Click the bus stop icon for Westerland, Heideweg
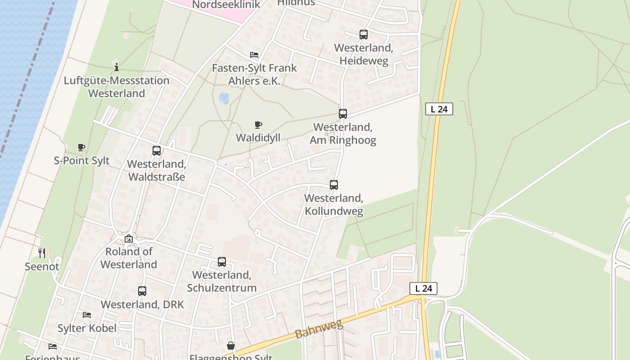(x=363, y=34)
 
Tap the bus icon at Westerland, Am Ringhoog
(x=343, y=113)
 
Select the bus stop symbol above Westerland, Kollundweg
(x=333, y=184)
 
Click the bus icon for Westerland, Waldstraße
(x=157, y=151)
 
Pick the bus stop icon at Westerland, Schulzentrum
(x=222, y=261)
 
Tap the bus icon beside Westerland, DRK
(x=142, y=291)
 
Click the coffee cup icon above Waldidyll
(x=258, y=125)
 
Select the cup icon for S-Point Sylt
(x=81, y=147)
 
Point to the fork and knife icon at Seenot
(x=42, y=253)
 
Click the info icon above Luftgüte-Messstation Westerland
(x=117, y=67)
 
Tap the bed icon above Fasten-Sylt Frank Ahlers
(x=254, y=55)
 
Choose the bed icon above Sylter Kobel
(x=87, y=315)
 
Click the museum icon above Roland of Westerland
(x=129, y=238)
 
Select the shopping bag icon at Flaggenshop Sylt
(x=231, y=346)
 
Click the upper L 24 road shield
(x=439, y=109)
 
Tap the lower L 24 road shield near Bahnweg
(x=423, y=288)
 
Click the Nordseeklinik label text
(x=226, y=5)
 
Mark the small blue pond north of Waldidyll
(x=224, y=98)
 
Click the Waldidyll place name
(x=258, y=137)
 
